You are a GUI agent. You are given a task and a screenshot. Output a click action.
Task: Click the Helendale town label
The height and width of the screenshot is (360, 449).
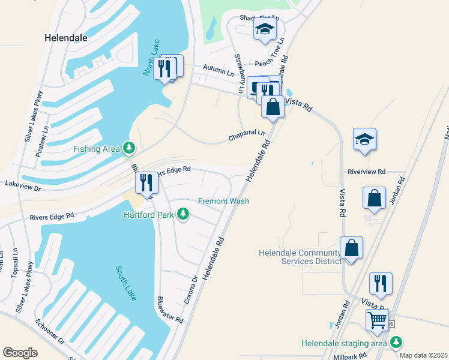pyautogui.click(x=66, y=37)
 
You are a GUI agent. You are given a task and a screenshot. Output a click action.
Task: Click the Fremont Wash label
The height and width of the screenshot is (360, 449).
pyautogui.click(x=223, y=201)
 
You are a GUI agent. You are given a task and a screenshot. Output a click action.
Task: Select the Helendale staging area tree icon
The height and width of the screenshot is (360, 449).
pyautogui.click(x=396, y=342)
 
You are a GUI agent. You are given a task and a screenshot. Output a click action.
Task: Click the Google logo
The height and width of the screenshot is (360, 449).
pyautogui.click(x=20, y=352)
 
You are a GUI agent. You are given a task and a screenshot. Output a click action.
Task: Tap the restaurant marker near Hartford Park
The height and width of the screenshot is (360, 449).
pyautogui.click(x=146, y=182)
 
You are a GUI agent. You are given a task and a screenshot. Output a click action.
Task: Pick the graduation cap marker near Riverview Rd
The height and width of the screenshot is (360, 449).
pyautogui.click(x=364, y=139)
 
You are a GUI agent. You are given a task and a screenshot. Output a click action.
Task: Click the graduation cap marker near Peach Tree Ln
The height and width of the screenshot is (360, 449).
pyautogui.click(x=264, y=29)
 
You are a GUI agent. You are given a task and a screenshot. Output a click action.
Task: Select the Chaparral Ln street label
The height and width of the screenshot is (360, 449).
pyautogui.click(x=246, y=136)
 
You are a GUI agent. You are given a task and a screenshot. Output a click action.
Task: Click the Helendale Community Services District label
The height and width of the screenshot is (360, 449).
pyautogui.click(x=300, y=257)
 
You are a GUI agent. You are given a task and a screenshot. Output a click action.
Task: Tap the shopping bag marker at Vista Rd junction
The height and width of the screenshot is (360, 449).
pyautogui.click(x=273, y=107)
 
